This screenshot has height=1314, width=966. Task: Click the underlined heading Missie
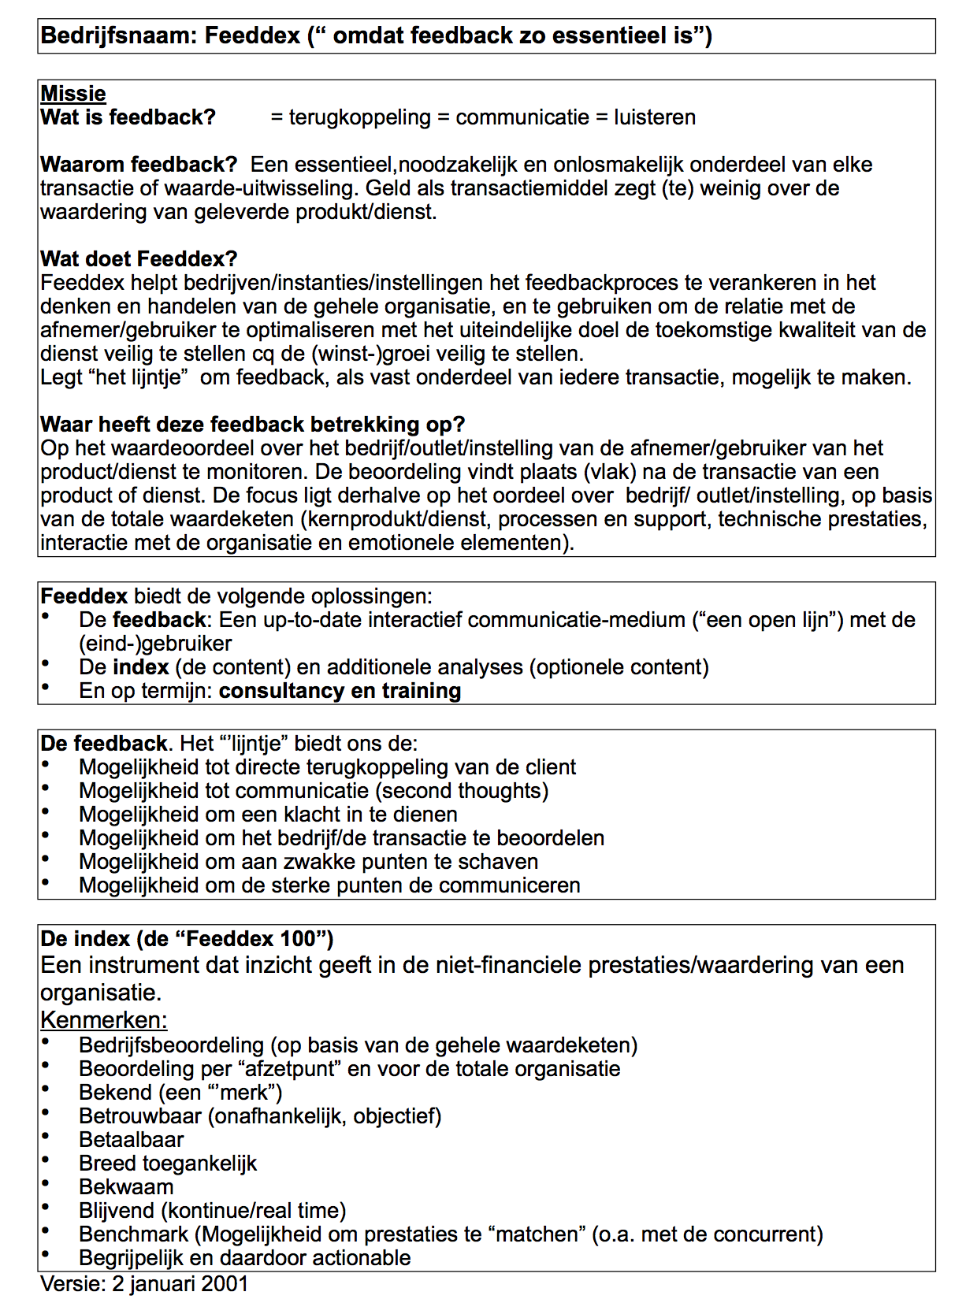tap(72, 94)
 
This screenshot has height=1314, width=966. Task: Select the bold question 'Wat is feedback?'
tap(128, 117)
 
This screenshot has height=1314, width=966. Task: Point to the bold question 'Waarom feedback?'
tap(139, 165)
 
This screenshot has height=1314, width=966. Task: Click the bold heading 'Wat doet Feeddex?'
tap(139, 259)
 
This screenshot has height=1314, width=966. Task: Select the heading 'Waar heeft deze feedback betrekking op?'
tap(252, 425)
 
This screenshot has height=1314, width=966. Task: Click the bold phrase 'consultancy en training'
tap(340, 691)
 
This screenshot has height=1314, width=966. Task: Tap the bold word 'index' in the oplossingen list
tap(141, 667)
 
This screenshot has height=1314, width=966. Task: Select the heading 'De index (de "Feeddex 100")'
tap(187, 939)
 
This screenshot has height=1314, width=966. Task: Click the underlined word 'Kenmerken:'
tap(103, 1020)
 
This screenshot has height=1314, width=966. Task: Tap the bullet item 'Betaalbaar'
tap(131, 1140)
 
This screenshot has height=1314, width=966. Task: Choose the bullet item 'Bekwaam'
tap(126, 1187)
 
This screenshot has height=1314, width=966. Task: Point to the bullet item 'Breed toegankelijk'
tap(168, 1164)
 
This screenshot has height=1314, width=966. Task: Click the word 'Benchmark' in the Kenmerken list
tap(133, 1234)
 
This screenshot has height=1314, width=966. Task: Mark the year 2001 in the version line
tap(225, 1284)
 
